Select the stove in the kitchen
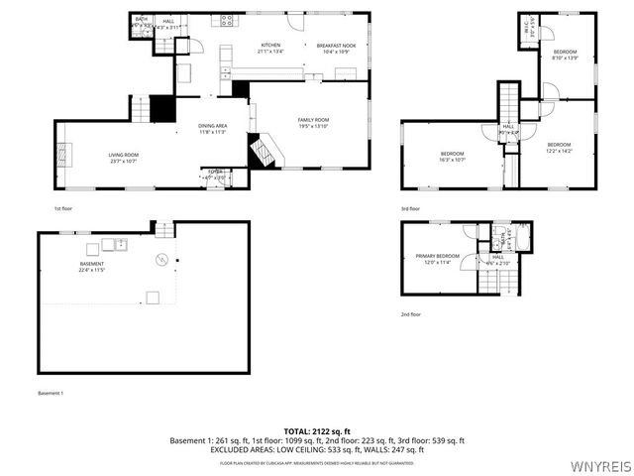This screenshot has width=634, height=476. (227, 20)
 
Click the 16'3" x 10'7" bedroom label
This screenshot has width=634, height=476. (452, 156)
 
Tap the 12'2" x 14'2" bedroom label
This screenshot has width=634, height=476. (559, 148)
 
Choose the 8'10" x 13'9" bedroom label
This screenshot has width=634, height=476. (565, 54)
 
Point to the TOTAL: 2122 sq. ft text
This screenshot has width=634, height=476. (317, 431)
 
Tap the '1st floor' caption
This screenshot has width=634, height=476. (64, 209)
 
